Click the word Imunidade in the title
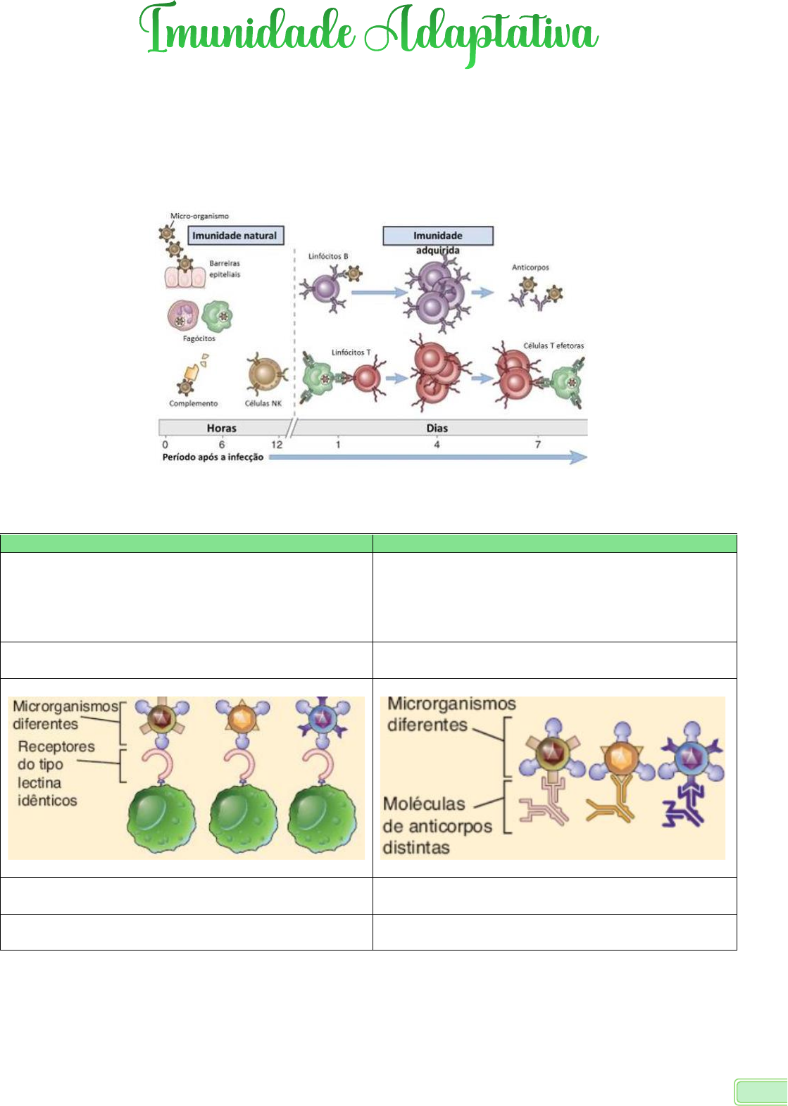point(246,32)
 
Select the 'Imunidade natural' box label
point(235,236)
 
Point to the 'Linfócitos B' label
point(328,256)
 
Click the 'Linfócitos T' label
point(351,352)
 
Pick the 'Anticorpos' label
point(530,267)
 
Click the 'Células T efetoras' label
point(554,345)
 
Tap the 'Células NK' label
point(263,403)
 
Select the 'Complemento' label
point(193,403)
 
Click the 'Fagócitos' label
point(199,338)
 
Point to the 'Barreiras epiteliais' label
point(225,269)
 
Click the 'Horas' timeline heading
point(221,428)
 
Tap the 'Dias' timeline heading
point(437,428)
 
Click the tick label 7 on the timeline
point(538,445)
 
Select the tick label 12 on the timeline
point(277,445)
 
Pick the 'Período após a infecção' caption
point(213,457)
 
